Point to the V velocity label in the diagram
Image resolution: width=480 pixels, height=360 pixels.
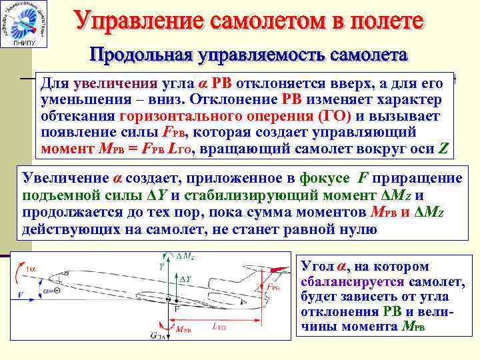click(21, 293)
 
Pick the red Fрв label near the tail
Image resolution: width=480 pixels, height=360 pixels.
click(273, 287)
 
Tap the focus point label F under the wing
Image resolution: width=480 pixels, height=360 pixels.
click(177, 309)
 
